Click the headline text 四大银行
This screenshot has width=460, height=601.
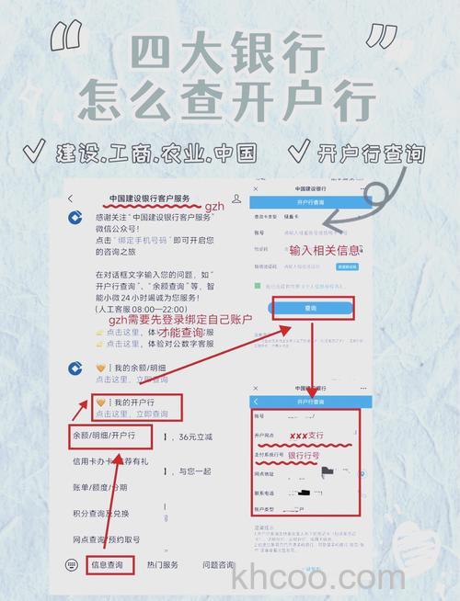pos(231,53)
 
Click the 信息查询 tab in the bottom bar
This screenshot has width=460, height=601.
pos(111,565)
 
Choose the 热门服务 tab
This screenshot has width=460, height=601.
pos(163,565)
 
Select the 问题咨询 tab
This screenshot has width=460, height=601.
pos(218,565)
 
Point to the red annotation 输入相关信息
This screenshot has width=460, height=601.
pos(326,251)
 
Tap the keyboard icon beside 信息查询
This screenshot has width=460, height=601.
pos(72,564)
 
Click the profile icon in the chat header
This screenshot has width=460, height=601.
pos(237,198)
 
